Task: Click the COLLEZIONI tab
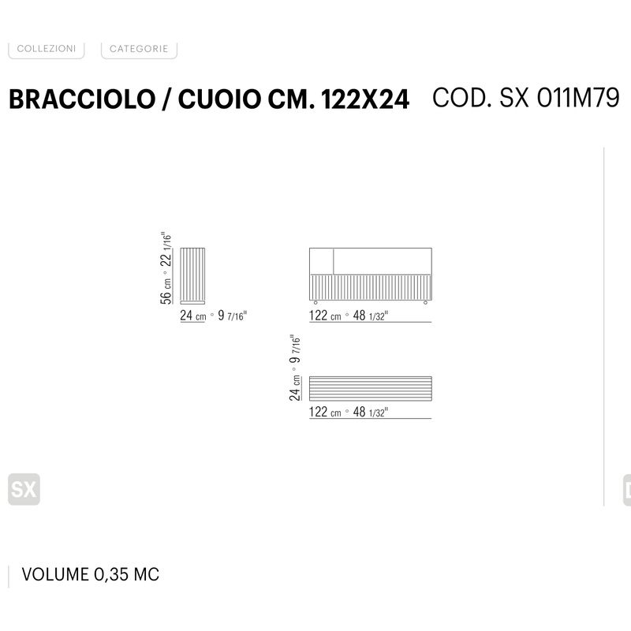click(x=47, y=49)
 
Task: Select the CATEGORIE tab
click(x=139, y=49)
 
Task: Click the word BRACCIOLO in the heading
click(x=82, y=99)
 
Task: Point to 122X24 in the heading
click(x=365, y=99)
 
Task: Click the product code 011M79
click(x=578, y=98)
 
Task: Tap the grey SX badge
click(x=24, y=489)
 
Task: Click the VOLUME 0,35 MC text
click(x=91, y=574)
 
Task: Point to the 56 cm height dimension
click(x=166, y=291)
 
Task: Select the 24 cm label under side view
click(x=192, y=315)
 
